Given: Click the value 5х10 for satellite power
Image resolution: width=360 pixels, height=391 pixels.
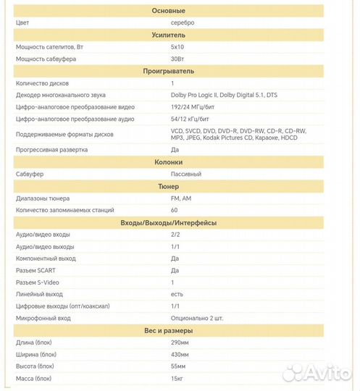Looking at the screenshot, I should tap(177, 46).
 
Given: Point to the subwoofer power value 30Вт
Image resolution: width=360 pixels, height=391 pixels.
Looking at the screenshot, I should tap(177, 59).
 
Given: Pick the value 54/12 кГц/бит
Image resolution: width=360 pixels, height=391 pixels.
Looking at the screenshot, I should tap(191, 119).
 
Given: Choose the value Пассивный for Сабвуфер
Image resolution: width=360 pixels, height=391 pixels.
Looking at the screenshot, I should tap(186, 174).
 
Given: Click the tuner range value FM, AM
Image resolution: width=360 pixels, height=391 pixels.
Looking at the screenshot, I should tap(182, 198).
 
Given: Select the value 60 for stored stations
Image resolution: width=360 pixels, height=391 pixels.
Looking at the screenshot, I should tap(174, 210).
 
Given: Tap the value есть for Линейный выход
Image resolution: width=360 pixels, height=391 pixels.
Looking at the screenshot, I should tap(177, 293).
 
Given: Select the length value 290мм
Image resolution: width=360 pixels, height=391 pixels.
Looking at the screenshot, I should tap(180, 342).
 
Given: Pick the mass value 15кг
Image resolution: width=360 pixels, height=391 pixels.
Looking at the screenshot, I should tap(177, 378).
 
